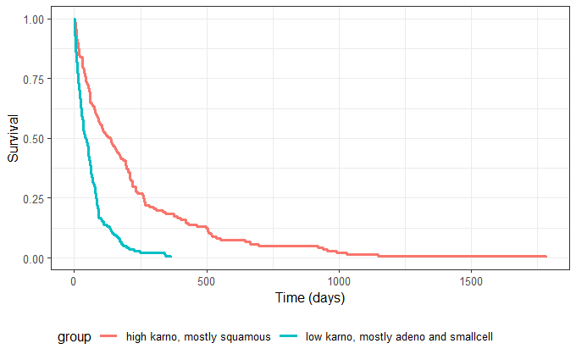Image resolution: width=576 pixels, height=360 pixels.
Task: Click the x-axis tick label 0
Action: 75,281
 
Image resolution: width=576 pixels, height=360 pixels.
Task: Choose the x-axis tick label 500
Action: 207,281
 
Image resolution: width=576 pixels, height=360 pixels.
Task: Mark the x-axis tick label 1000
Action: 339,281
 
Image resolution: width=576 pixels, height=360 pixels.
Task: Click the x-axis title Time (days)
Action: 310,298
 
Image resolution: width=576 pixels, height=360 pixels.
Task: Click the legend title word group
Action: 75,337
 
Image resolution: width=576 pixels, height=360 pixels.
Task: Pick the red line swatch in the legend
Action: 110,337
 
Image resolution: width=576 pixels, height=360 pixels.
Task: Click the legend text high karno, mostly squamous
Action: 197,337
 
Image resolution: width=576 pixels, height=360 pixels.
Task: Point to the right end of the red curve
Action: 546,256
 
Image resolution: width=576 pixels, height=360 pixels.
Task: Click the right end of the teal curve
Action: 171,256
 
